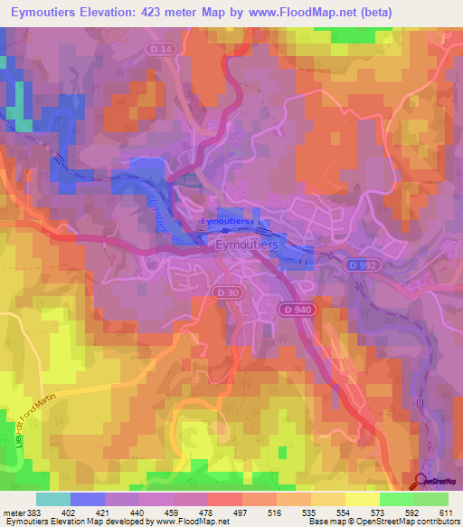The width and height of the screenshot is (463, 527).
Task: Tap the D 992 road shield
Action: click(357, 264)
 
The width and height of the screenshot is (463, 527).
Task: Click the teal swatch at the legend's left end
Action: click(52, 499)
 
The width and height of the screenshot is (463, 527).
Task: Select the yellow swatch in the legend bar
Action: click(362, 499)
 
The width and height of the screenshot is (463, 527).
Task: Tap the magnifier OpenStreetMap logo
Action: click(420, 481)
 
